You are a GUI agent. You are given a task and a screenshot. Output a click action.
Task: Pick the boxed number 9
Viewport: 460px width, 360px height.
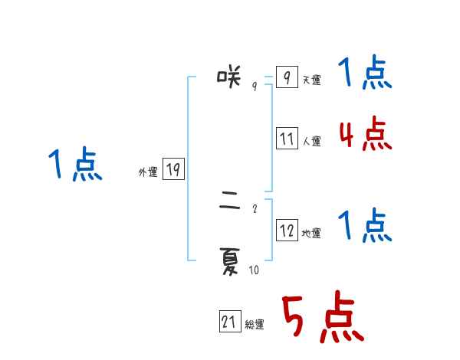tap(287, 77)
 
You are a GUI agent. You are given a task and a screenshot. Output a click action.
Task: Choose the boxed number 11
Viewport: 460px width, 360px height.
tap(287, 139)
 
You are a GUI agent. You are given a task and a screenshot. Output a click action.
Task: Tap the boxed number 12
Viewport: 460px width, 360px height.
tap(287, 230)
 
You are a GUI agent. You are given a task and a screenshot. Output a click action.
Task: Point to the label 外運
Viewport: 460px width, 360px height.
tap(148, 173)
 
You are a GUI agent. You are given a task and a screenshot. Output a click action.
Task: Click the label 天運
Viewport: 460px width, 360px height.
tap(311, 80)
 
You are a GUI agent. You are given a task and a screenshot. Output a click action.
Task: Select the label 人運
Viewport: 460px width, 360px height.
tap(311, 142)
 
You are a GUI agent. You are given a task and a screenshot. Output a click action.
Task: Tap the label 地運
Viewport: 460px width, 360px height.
tap(311, 233)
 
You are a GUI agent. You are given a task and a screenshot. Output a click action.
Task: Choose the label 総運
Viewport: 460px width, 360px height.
tap(255, 326)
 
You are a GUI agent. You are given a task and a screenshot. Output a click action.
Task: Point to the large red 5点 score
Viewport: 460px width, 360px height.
tap(322, 318)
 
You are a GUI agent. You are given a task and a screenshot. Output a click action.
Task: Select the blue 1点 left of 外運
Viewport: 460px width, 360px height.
tap(75, 165)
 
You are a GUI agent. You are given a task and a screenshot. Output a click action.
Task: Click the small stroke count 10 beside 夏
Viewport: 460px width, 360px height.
tap(254, 270)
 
